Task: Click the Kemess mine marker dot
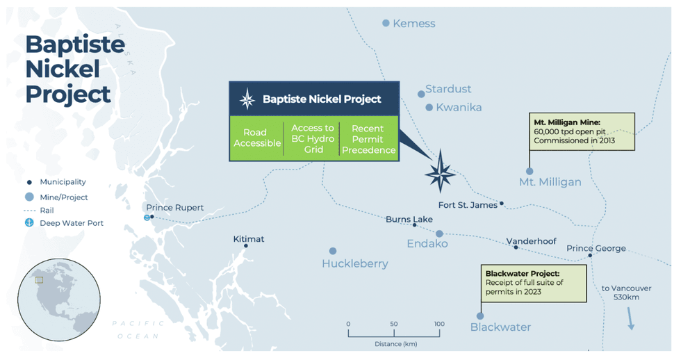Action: (x=386, y=23)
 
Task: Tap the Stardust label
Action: (x=448, y=89)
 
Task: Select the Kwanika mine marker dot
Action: (x=429, y=107)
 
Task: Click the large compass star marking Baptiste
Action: (x=441, y=172)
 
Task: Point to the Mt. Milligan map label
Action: (x=550, y=182)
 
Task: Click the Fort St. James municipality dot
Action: (x=502, y=203)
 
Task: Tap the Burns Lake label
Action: (x=409, y=220)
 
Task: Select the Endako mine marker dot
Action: (x=439, y=234)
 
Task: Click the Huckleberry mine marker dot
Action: (x=333, y=251)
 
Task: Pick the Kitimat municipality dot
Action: (x=246, y=246)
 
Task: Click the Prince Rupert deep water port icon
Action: (x=147, y=218)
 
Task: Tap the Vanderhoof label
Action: (x=531, y=241)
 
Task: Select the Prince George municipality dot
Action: (x=590, y=255)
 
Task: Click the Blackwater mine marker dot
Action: (x=480, y=316)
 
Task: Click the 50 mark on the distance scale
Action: (x=394, y=324)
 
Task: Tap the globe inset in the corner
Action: (x=59, y=300)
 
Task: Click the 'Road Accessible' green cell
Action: (x=256, y=138)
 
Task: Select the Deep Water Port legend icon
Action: (x=29, y=223)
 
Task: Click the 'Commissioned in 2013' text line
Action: (x=574, y=140)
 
